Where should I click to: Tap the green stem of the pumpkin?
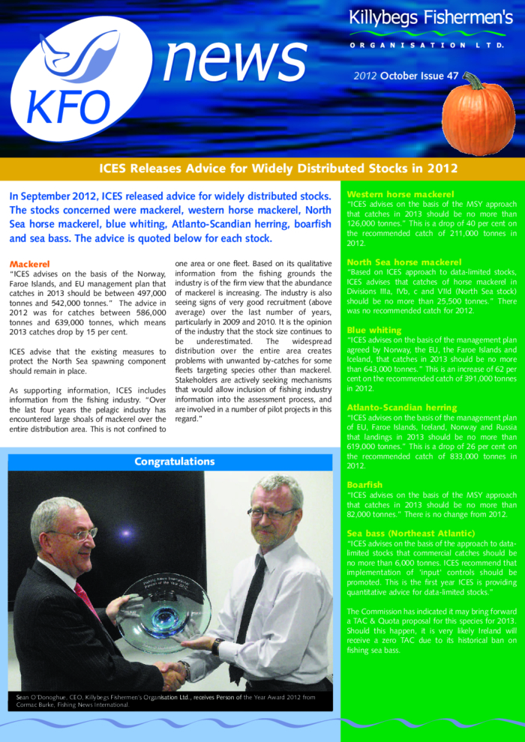point(473,79)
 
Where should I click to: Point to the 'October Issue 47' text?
point(416,76)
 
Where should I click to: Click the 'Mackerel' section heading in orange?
point(30,264)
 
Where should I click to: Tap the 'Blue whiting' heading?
point(374,330)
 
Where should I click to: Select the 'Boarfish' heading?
point(364,485)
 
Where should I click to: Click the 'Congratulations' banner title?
point(174,461)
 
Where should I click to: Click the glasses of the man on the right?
point(271,514)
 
